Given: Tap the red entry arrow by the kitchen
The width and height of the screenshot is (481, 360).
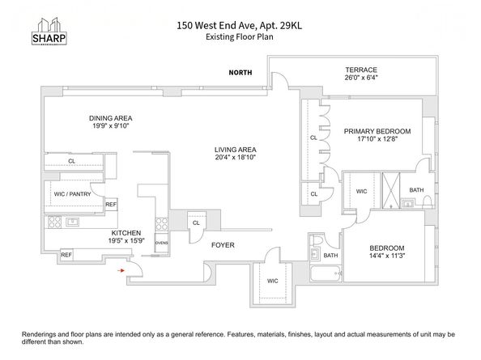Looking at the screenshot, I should [x=121, y=270].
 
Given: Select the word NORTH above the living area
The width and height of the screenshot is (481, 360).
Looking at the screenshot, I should [x=240, y=73].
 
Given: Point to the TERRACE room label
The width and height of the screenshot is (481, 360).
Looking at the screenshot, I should [x=360, y=70].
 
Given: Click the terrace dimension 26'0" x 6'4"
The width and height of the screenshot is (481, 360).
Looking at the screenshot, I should [x=360, y=79].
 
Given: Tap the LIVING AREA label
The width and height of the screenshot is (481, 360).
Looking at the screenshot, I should [x=236, y=149].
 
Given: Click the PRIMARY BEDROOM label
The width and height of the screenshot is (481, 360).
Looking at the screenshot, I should [x=377, y=131].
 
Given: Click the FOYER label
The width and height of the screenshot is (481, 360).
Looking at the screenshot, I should [x=223, y=244].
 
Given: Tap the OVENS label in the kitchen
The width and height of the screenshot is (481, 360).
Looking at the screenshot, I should [x=161, y=242].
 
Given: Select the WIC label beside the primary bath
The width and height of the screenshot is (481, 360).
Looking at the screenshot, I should [x=362, y=192].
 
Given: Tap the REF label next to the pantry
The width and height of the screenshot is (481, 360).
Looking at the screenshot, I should [x=110, y=205].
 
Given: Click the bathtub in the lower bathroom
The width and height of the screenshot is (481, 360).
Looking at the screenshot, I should [x=326, y=273].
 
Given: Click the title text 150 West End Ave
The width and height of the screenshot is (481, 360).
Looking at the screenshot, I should [x=217, y=25].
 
